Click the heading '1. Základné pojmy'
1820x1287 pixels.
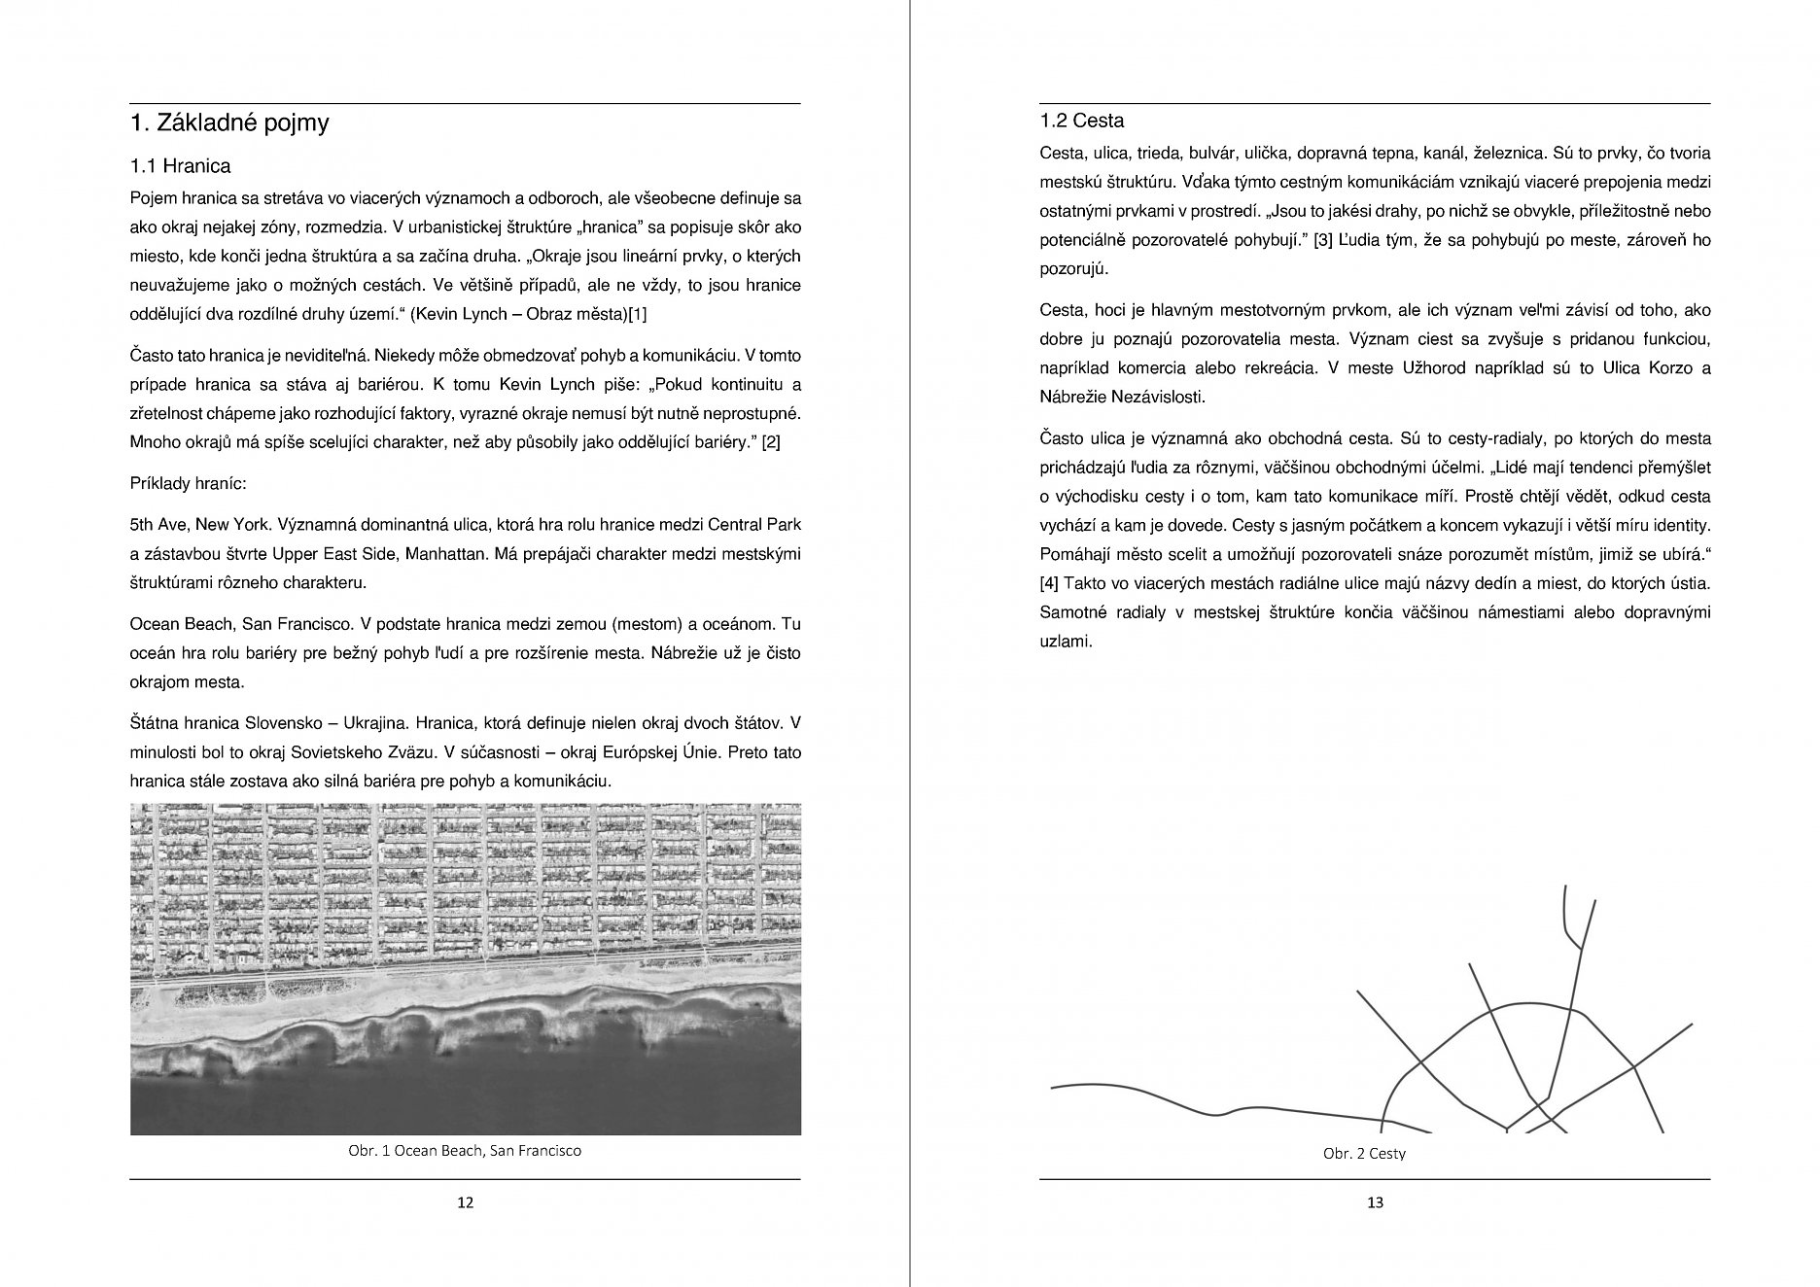click(x=229, y=123)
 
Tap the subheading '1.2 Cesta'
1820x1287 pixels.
click(x=1081, y=122)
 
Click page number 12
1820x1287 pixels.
click(x=465, y=1202)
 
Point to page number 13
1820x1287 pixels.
click(x=1374, y=1202)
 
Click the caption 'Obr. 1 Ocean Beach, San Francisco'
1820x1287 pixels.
click(x=465, y=1151)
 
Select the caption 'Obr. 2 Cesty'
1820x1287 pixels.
click(x=1364, y=1154)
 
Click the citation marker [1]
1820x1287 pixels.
click(x=638, y=315)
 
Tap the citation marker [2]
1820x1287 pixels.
click(x=770, y=442)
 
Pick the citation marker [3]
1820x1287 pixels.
click(x=1322, y=241)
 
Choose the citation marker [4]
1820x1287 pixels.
click(x=1048, y=584)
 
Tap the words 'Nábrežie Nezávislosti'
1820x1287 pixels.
click(x=1122, y=398)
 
